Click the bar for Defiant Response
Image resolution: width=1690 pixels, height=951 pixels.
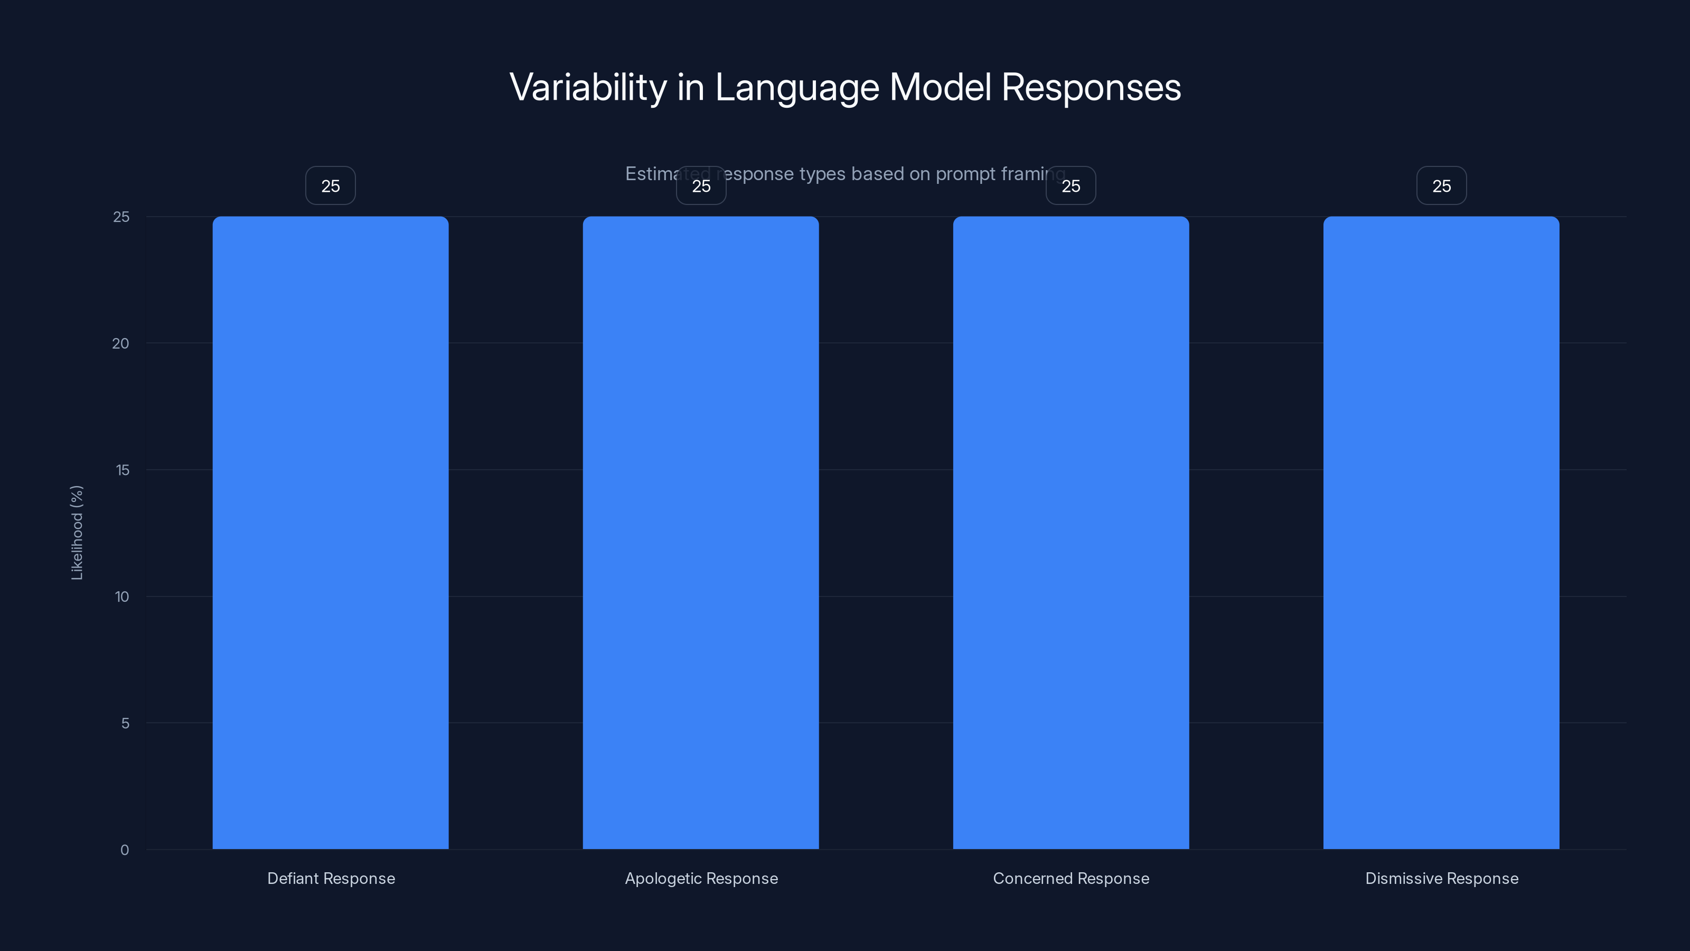(x=330, y=532)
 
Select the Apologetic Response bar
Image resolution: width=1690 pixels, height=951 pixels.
(x=701, y=532)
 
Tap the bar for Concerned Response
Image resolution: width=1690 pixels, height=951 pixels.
(x=1071, y=532)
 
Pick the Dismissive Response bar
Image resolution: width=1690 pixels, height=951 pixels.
(x=1441, y=532)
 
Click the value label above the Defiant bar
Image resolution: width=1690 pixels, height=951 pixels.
(x=330, y=186)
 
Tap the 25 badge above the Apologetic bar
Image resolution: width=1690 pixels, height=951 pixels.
(x=701, y=186)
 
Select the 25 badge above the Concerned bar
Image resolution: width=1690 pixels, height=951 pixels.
(x=1071, y=186)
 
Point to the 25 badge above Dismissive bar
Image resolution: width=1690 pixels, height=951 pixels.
(x=1441, y=186)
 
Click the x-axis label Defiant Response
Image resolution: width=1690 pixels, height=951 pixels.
(x=331, y=878)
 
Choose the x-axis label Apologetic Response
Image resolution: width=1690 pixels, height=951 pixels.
(x=701, y=878)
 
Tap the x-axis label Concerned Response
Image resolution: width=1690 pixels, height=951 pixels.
(x=1071, y=878)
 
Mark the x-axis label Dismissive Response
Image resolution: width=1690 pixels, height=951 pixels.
(x=1441, y=878)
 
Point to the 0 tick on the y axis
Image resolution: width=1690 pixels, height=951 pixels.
(x=125, y=850)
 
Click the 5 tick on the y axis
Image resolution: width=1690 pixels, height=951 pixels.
(x=125, y=723)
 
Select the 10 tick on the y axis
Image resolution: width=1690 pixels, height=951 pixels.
(x=122, y=596)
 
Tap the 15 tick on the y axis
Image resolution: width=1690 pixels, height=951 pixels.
(x=122, y=470)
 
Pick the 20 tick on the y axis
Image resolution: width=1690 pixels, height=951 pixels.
(x=121, y=343)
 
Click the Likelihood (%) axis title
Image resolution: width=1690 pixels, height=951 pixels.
(x=77, y=532)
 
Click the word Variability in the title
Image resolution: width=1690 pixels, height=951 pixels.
(x=588, y=87)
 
